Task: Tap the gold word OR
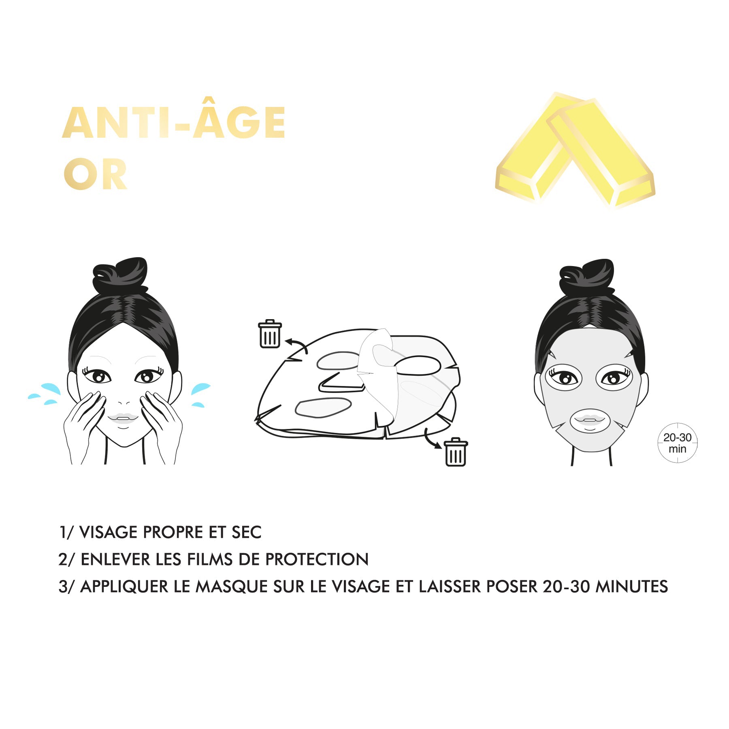click(x=96, y=175)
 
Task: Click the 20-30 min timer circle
click(x=678, y=443)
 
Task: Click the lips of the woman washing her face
click(x=123, y=418)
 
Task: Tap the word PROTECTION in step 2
click(x=317, y=559)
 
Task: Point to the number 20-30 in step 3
click(x=566, y=586)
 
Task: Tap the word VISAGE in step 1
click(x=109, y=532)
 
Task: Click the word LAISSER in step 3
click(x=450, y=586)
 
